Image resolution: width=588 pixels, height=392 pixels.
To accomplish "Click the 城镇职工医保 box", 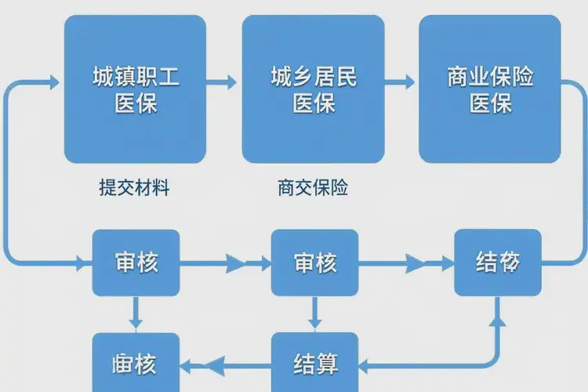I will pyautogui.click(x=135, y=89).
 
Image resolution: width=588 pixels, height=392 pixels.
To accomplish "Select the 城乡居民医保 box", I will pyautogui.click(x=313, y=89).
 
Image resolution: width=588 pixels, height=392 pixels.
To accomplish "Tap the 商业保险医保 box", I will pyautogui.click(x=490, y=89).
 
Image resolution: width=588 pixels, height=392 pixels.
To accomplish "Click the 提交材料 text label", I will pyautogui.click(x=134, y=188).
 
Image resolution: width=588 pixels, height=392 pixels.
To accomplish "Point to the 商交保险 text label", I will pyautogui.click(x=312, y=188).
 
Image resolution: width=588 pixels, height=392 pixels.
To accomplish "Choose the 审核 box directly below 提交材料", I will pyautogui.click(x=136, y=262).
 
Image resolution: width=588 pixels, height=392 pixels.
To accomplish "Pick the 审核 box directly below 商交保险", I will pyautogui.click(x=314, y=262).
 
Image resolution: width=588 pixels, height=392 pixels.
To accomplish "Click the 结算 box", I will pyautogui.click(x=314, y=365).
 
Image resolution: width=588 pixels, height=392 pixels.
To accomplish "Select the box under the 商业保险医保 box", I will pyautogui.click(x=498, y=262).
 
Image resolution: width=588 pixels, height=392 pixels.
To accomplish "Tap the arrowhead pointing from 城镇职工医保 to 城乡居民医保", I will pyautogui.click(x=230, y=80).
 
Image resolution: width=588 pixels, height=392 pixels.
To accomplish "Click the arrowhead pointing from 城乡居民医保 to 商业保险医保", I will pyautogui.click(x=408, y=80).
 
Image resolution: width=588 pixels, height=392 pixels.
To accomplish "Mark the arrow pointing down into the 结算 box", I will pyautogui.click(x=314, y=321).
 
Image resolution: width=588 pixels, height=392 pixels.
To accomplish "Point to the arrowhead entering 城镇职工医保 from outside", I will pyautogui.click(x=54, y=80).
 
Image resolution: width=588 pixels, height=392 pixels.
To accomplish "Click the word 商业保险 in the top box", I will pyautogui.click(x=490, y=77).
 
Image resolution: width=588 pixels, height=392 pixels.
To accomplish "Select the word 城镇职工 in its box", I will pyautogui.click(x=135, y=77).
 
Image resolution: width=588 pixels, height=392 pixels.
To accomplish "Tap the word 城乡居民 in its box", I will pyautogui.click(x=313, y=77).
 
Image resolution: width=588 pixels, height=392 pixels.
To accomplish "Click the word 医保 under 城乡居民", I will pyautogui.click(x=313, y=103).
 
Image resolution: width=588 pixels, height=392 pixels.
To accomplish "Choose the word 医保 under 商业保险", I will pyautogui.click(x=490, y=103).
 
